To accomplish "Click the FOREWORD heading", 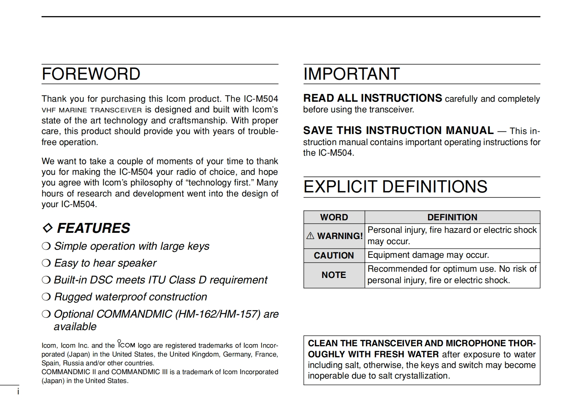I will [x=91, y=74].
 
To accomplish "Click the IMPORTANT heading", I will [x=351, y=74].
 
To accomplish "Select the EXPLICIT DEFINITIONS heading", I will [x=395, y=187].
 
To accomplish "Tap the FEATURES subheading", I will [x=93, y=228].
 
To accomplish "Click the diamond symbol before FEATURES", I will [x=47, y=228].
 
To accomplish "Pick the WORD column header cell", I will [x=334, y=217].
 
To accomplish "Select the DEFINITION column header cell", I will [x=452, y=217].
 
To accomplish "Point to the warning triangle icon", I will [x=311, y=236].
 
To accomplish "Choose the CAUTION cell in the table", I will [x=334, y=256].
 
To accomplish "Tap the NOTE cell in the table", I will [x=334, y=275].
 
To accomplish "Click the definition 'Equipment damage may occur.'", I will [x=428, y=255].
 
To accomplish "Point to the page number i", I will [x=18, y=392].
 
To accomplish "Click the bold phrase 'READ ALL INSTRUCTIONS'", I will [x=372, y=98].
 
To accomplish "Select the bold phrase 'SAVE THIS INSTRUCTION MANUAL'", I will [x=398, y=130].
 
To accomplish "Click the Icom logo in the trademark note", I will [x=126, y=344].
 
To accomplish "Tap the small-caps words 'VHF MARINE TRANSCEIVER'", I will [x=91, y=110].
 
